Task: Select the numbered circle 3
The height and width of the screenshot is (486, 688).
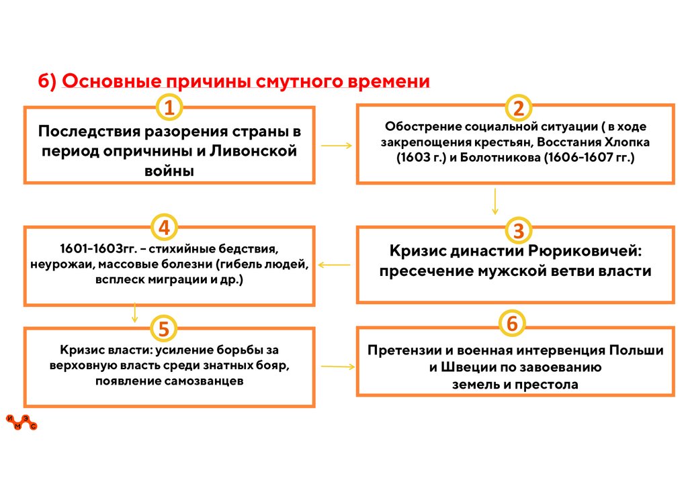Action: [518, 230]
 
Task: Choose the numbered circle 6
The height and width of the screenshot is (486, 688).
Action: [512, 323]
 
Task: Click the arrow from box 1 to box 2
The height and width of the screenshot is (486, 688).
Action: [336, 145]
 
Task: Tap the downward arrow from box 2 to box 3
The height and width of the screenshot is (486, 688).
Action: [495, 201]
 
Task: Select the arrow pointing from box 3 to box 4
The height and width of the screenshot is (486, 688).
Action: [334, 265]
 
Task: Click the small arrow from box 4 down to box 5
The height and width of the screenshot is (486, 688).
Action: [135, 312]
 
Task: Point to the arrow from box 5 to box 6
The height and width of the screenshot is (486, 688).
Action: [338, 367]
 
